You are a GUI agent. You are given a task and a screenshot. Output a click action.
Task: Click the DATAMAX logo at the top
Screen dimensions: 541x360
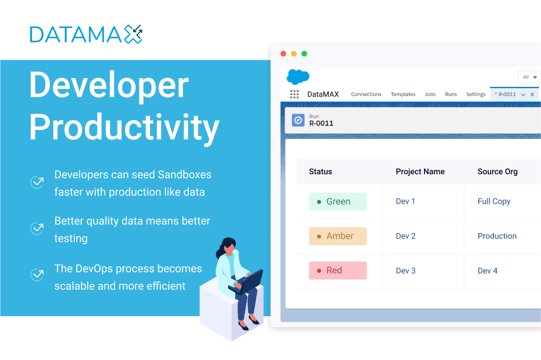pyautogui.click(x=86, y=34)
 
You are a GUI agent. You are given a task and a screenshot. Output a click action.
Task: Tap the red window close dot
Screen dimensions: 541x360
pyautogui.click(x=283, y=53)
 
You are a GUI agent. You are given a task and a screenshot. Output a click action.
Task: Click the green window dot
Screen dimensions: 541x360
pyautogui.click(x=304, y=53)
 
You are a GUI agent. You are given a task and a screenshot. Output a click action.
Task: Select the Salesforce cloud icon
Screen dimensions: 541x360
pyautogui.click(x=298, y=77)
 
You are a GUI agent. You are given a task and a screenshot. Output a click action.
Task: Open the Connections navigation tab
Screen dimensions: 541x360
pyautogui.click(x=366, y=94)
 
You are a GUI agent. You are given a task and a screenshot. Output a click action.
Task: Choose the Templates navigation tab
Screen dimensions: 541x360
pyautogui.click(x=403, y=94)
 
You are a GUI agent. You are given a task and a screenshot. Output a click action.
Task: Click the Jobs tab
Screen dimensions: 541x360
pyautogui.click(x=430, y=94)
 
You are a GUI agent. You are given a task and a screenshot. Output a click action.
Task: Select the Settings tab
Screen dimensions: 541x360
pyautogui.click(x=476, y=95)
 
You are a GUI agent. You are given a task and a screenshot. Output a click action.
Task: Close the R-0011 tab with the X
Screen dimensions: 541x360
pyautogui.click(x=533, y=95)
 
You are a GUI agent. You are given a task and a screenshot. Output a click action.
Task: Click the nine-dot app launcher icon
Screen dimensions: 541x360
pyautogui.click(x=294, y=95)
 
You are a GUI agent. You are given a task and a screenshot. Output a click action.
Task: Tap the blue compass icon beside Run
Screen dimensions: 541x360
pyautogui.click(x=298, y=120)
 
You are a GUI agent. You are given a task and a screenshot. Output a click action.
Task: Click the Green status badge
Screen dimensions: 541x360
pyautogui.click(x=338, y=201)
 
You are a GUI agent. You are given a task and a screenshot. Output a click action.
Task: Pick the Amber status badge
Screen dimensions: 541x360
pyautogui.click(x=338, y=236)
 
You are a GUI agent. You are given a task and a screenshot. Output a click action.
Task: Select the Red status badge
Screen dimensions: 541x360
pyautogui.click(x=338, y=270)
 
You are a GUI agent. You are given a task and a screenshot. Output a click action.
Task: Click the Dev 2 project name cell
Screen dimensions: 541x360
pyautogui.click(x=406, y=236)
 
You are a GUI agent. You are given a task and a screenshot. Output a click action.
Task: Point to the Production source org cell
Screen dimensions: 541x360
pyautogui.click(x=497, y=236)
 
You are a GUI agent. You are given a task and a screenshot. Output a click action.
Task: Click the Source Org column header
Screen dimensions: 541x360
pyautogui.click(x=498, y=172)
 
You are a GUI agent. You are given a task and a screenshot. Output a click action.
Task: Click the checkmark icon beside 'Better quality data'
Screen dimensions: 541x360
pyautogui.click(x=37, y=228)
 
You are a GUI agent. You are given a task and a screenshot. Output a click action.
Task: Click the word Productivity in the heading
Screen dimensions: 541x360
pyautogui.click(x=124, y=127)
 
